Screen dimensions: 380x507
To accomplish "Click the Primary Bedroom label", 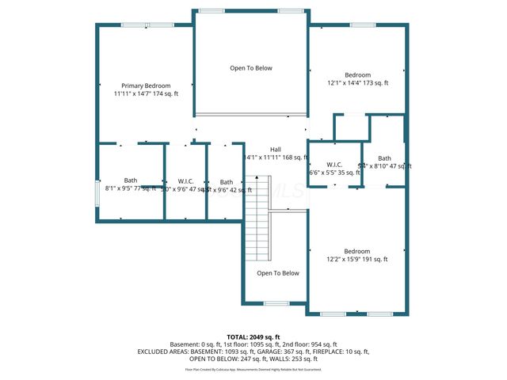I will [146, 85].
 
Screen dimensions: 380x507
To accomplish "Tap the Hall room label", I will [275, 150].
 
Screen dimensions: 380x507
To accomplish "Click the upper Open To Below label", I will [251, 68].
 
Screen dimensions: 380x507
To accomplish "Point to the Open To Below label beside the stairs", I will [279, 273].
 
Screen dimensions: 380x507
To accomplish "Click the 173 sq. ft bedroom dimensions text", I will [356, 82].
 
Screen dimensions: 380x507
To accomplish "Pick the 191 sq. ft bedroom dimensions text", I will [356, 259].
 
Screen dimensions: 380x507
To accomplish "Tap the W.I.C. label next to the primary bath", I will [186, 181].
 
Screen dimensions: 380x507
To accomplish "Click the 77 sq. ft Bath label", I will [130, 181].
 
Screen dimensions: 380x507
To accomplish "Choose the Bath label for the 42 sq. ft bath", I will [227, 181].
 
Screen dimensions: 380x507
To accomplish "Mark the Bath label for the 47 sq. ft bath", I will [384, 158].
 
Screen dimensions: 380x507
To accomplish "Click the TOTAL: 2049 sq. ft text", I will [253, 337].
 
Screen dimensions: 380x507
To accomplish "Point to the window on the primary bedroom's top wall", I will [158, 25].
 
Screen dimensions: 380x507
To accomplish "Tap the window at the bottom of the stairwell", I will [276, 303].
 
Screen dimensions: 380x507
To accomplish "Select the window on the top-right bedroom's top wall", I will [363, 25].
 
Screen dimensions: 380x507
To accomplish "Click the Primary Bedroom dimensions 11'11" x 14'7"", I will [146, 94].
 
